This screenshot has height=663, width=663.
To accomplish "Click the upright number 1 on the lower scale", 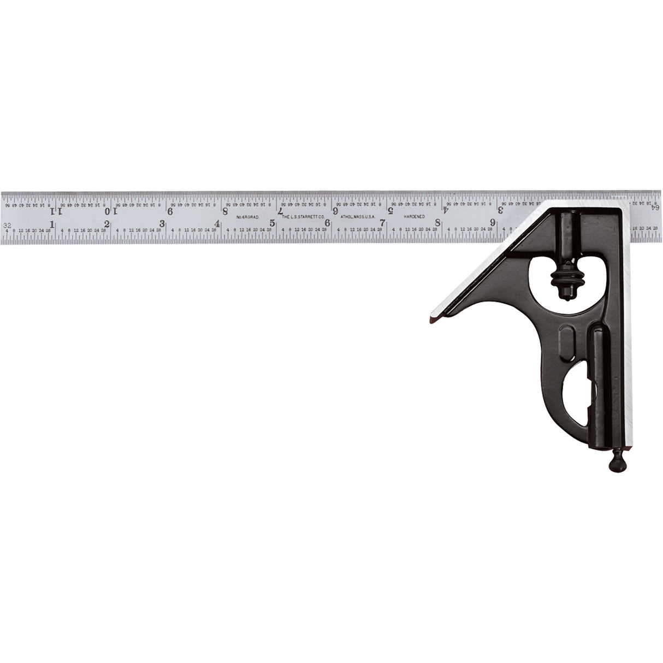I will click(52, 224).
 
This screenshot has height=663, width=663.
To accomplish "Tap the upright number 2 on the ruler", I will click(107, 223).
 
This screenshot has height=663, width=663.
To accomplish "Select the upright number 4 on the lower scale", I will click(217, 223).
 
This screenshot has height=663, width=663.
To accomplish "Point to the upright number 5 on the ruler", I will click(273, 223).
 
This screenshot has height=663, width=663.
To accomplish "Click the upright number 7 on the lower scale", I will click(383, 222).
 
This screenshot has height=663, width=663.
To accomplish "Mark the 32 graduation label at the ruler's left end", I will click(8, 224).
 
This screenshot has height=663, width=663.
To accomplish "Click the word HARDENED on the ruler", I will click(415, 216).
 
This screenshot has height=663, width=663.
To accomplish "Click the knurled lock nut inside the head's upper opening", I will click(563, 282).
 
